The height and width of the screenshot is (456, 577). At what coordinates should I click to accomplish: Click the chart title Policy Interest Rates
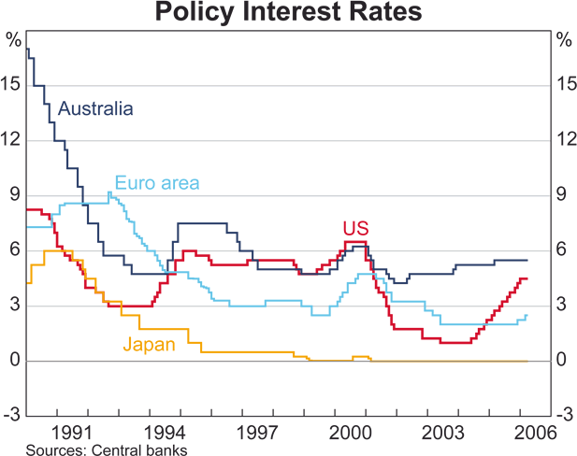click(288, 14)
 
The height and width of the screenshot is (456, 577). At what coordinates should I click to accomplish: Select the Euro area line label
click(157, 183)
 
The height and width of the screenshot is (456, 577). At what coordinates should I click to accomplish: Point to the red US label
click(355, 229)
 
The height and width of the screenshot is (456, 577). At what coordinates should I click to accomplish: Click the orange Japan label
click(149, 344)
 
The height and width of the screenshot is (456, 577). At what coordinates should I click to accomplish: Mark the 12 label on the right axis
click(565, 140)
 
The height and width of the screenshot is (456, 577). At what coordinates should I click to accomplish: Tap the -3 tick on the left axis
click(12, 416)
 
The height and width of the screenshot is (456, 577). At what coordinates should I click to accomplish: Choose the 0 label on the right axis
click(561, 361)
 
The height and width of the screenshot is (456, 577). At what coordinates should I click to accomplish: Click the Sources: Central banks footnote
click(107, 449)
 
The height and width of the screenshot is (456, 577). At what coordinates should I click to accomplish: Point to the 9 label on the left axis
click(16, 195)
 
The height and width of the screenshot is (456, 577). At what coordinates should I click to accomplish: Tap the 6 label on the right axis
click(561, 250)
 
